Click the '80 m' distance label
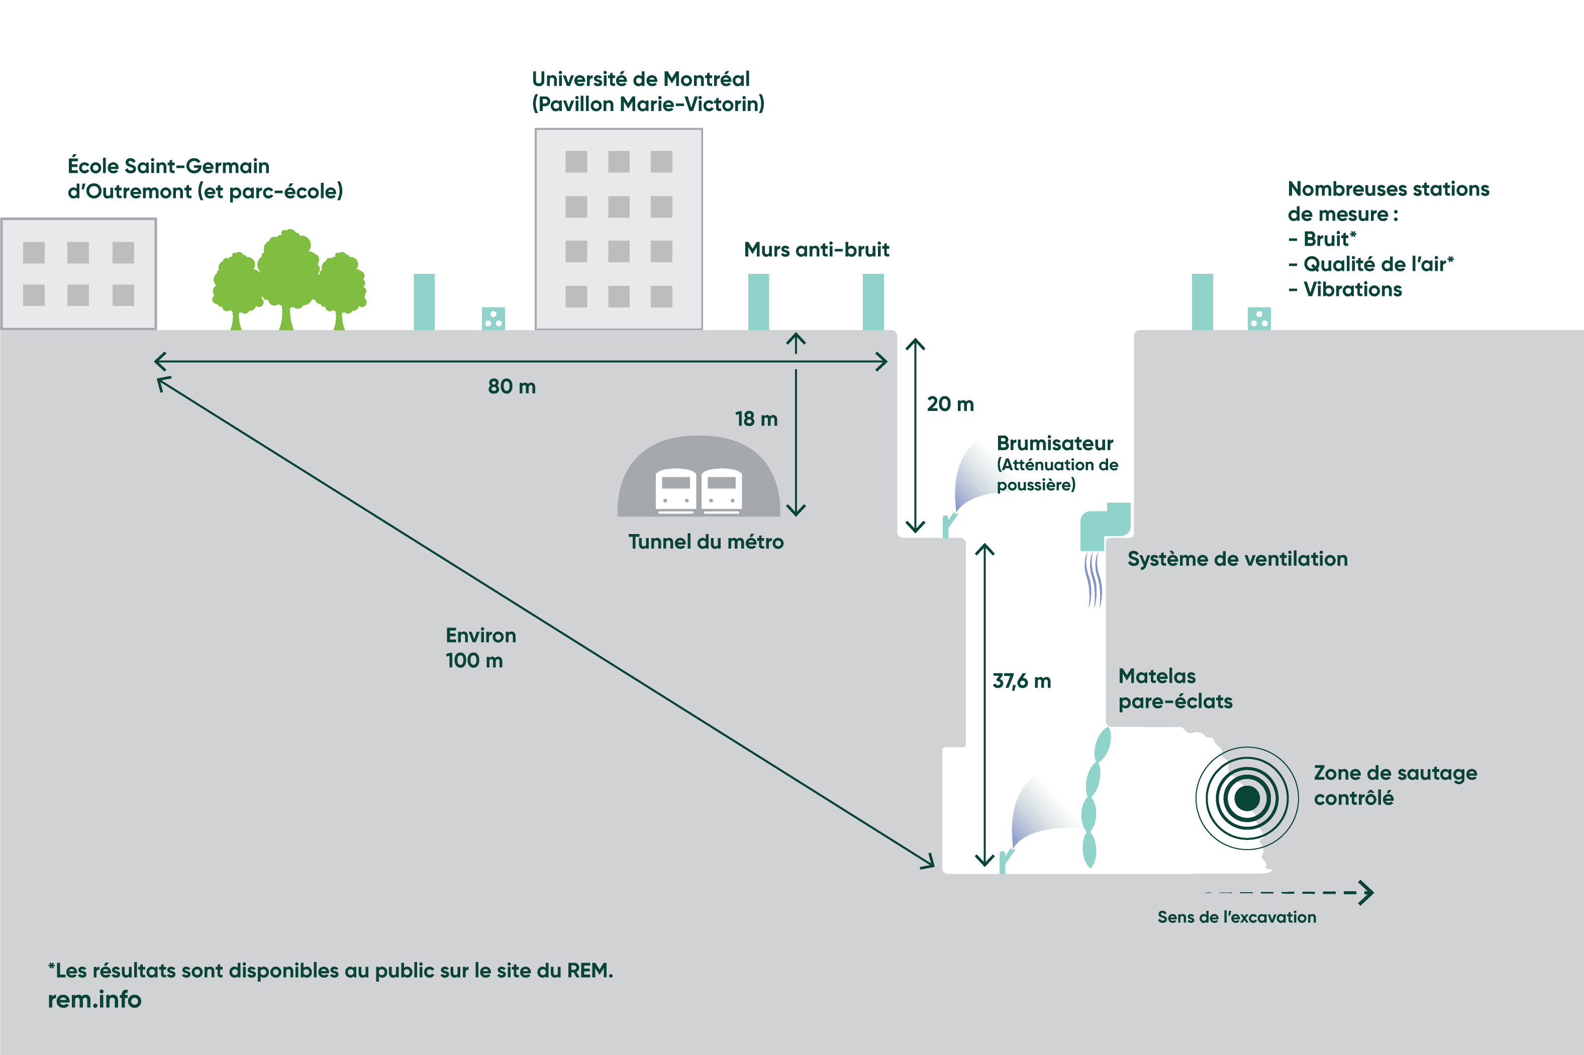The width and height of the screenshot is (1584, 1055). pos(512,387)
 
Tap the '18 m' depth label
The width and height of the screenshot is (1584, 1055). pos(756,419)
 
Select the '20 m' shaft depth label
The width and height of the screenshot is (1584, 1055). pos(950,404)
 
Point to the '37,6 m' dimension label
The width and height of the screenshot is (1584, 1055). pos(1022,682)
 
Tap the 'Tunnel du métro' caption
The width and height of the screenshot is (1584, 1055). pos(705,542)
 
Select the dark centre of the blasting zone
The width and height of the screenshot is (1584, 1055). pos(1247,799)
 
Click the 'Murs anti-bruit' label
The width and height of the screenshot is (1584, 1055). pos(816,250)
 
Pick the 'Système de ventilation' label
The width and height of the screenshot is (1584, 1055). pos(1237,559)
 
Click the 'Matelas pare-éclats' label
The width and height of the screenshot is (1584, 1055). pos(1175,689)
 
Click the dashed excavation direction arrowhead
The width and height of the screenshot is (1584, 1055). pos(1365,893)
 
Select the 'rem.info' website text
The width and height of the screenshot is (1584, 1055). pos(94,1000)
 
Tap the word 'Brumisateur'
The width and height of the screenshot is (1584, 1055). pos(1054,444)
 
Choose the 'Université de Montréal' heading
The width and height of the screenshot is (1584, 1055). pos(640,79)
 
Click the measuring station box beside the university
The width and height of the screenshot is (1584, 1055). pos(493,318)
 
